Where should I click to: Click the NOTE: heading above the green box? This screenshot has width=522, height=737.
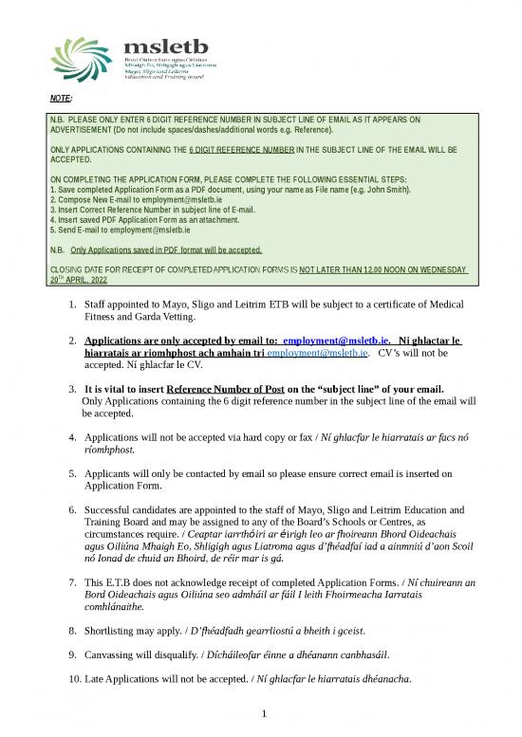tap(62, 99)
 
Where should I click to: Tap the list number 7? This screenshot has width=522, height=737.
tap(73, 580)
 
